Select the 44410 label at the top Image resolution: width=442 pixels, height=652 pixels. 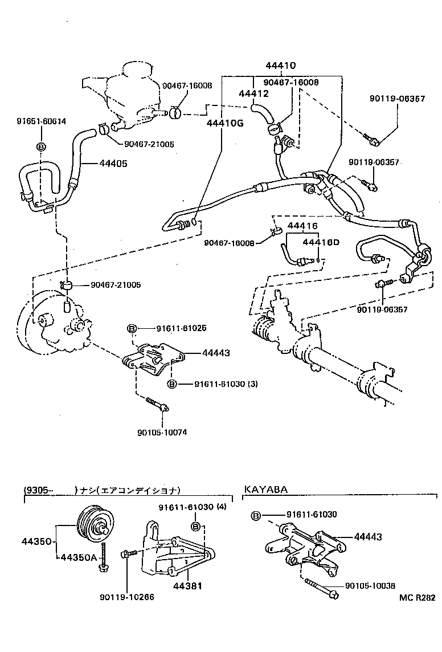(x=281, y=66)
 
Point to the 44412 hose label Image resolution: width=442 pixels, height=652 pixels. (x=254, y=93)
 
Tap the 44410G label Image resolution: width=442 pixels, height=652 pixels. (x=223, y=123)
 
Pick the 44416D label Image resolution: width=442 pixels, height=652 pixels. (x=321, y=242)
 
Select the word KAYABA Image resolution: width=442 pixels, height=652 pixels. (x=266, y=490)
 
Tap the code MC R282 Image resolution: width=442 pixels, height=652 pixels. (x=417, y=598)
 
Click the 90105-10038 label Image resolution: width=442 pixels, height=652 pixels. (x=370, y=585)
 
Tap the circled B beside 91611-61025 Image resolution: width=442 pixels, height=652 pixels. (x=130, y=328)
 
